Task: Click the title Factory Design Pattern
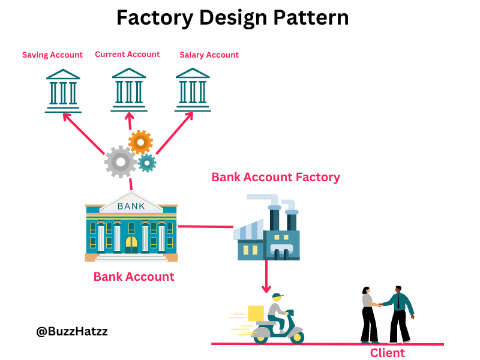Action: [x=232, y=17]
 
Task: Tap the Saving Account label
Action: [x=52, y=55]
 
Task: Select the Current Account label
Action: [x=127, y=54]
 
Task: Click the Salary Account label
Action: [x=209, y=55]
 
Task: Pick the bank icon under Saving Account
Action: [x=63, y=91]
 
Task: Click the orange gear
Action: [x=140, y=142]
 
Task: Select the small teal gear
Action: [x=146, y=163]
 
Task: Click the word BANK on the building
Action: [x=131, y=206]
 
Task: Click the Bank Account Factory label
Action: [x=275, y=177]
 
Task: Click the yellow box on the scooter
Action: [x=256, y=313]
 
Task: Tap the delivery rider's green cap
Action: [x=277, y=296]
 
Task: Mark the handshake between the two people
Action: [x=379, y=304]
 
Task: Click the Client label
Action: [x=387, y=353]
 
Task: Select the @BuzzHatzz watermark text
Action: [x=72, y=331]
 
